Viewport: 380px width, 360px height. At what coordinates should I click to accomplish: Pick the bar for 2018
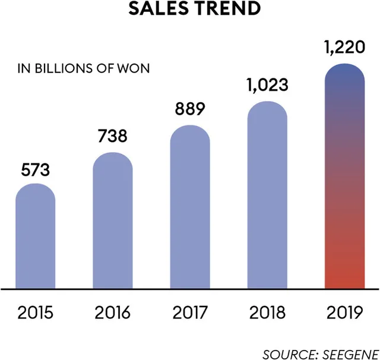click(x=267, y=195)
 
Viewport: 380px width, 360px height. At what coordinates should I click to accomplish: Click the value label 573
click(x=35, y=170)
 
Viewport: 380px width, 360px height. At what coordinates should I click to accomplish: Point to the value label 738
click(x=112, y=136)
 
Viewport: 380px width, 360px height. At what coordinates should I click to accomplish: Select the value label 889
click(x=190, y=109)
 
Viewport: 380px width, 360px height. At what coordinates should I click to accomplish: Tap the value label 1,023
click(x=267, y=84)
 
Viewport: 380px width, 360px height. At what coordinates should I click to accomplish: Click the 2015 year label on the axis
click(x=35, y=312)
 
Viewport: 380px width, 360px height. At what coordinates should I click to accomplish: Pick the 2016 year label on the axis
click(x=112, y=312)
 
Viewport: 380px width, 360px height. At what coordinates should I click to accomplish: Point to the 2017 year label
click(x=190, y=312)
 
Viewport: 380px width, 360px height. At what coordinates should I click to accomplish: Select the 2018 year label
click(x=267, y=312)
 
